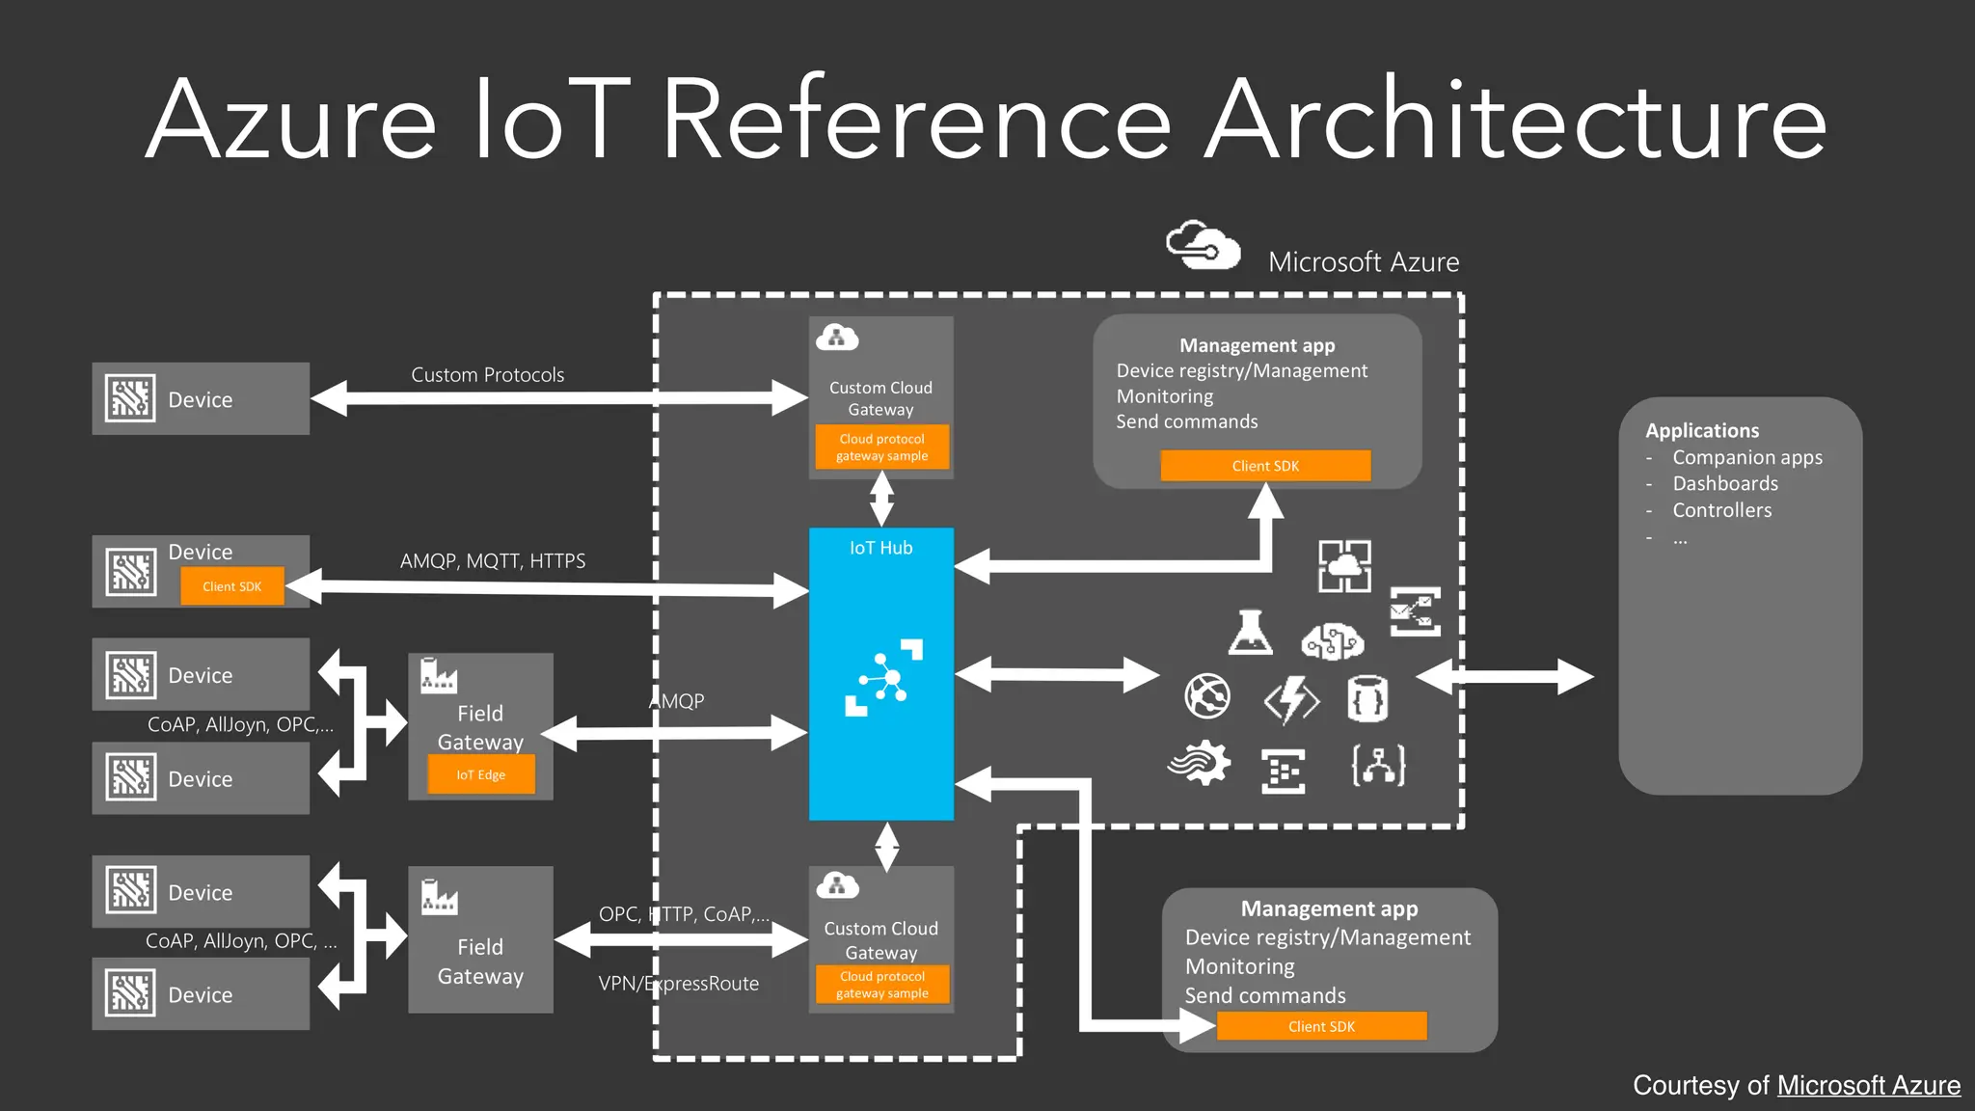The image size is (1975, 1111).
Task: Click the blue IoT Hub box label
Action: click(880, 548)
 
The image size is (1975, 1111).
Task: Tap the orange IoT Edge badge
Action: click(480, 774)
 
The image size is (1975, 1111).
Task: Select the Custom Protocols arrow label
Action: click(487, 374)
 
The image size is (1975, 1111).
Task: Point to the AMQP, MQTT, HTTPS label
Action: click(492, 560)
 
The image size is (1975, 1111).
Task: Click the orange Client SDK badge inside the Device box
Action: click(231, 586)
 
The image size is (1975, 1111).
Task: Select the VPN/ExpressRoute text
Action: click(678, 984)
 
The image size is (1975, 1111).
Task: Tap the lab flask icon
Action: click(1251, 634)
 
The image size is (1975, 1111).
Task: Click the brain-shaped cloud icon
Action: click(1332, 640)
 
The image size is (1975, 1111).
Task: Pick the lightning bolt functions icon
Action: click(1292, 698)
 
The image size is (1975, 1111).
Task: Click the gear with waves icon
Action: click(1200, 764)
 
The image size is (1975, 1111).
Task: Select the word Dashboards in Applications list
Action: click(1724, 483)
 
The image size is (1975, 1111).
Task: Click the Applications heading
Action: click(1701, 430)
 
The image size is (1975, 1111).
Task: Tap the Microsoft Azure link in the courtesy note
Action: click(1868, 1085)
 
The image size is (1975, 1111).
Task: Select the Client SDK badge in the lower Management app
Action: click(1321, 1026)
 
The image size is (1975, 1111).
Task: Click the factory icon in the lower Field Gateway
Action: click(440, 897)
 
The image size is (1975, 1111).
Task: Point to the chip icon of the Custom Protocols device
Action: click(130, 398)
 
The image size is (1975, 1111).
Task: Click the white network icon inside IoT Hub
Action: click(883, 677)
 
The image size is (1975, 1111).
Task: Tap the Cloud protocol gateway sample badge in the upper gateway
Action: click(881, 447)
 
